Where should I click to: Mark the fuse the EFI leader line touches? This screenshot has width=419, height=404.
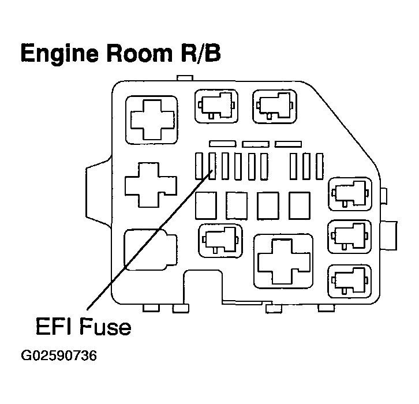(x=212, y=166)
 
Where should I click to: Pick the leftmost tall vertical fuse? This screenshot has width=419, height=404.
(x=200, y=166)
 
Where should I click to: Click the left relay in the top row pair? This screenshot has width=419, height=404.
(x=215, y=106)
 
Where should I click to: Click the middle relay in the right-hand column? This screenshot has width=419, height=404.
(x=348, y=236)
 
